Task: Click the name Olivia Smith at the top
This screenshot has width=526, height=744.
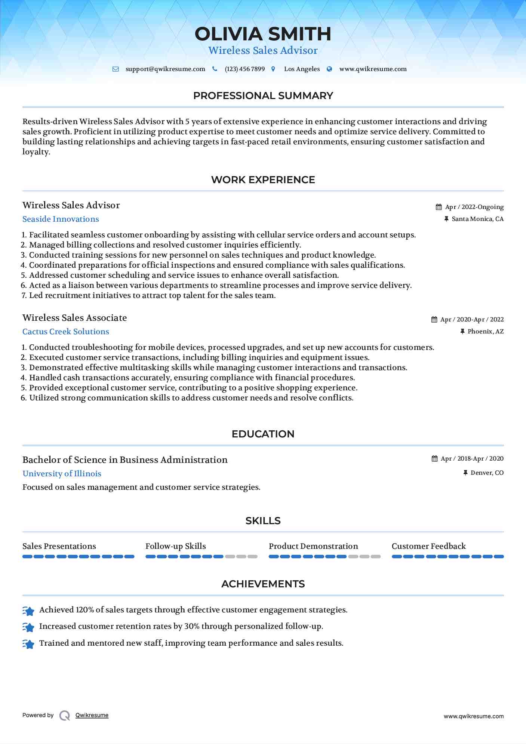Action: pos(263,34)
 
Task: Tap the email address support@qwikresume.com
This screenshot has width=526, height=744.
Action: pos(165,69)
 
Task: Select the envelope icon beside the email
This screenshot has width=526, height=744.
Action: pos(116,69)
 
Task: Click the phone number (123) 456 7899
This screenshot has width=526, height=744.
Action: pos(244,69)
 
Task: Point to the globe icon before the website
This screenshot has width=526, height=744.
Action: pos(329,69)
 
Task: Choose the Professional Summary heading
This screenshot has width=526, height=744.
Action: pos(263,96)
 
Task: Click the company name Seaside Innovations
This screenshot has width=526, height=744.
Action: pos(61,219)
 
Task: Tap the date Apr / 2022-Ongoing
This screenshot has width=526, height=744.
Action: pos(474,207)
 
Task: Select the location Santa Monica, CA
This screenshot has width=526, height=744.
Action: pos(477,219)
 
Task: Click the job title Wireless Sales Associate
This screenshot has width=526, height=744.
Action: pos(75,318)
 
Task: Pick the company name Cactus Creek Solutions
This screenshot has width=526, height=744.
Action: pos(66,332)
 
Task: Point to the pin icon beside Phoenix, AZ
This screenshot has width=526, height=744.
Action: pos(462,332)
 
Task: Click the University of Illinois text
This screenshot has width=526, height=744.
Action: pos(62,474)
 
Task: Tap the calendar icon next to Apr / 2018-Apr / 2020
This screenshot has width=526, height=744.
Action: pos(434,459)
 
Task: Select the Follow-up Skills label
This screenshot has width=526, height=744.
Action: pos(175,546)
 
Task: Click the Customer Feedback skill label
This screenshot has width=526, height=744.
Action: pos(428,546)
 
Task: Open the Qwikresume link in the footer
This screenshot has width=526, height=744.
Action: pos(92,715)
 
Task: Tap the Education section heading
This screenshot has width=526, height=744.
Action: pos(263,434)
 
